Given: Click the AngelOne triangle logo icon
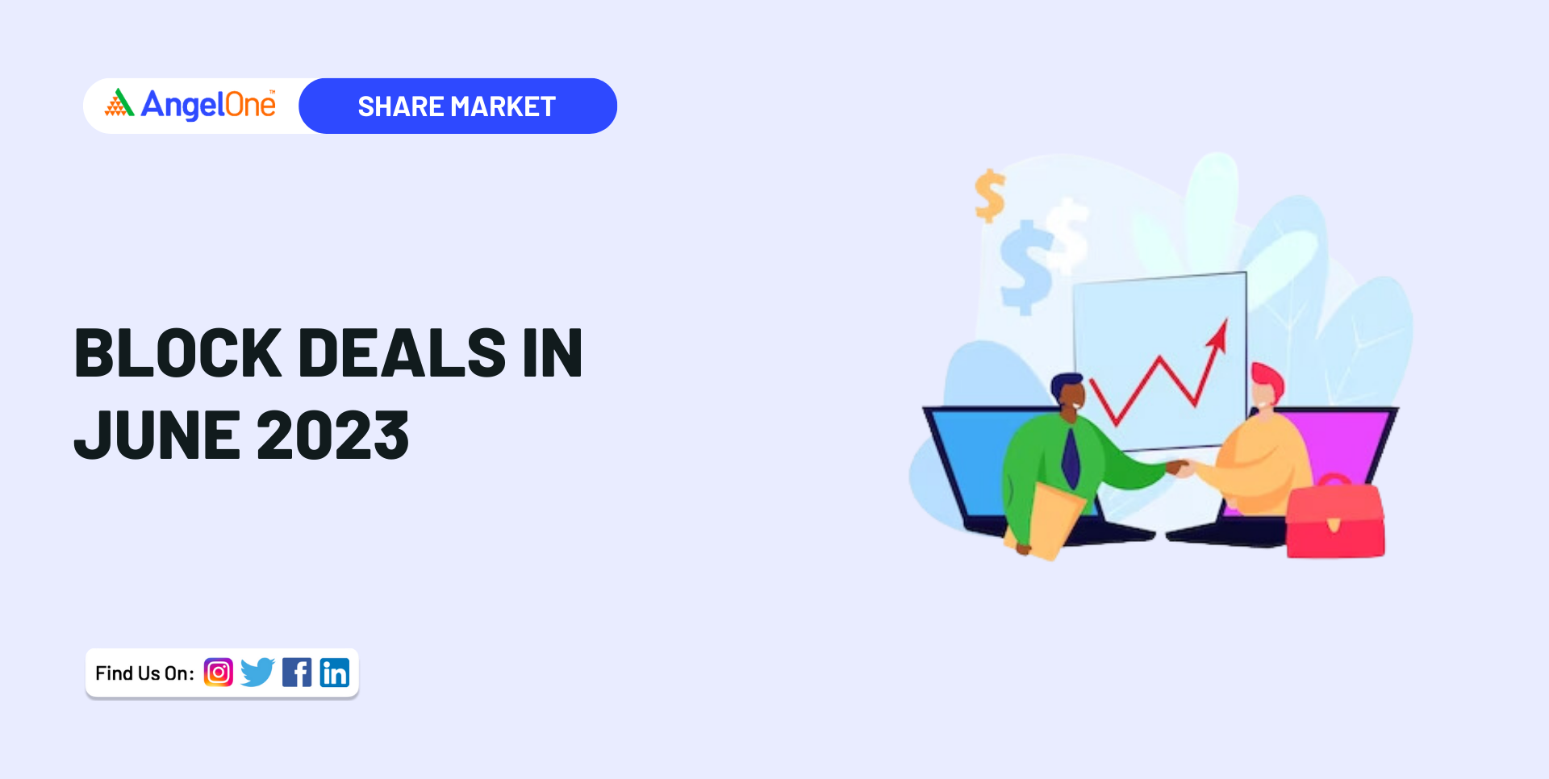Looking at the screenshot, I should [119, 103].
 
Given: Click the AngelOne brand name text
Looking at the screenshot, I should [208, 105].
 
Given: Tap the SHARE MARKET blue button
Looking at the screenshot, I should [457, 106].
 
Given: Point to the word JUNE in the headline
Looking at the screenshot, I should [158, 435].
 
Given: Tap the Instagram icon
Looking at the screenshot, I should [219, 673].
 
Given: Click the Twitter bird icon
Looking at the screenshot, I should [258, 673].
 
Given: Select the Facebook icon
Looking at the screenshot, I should [297, 673].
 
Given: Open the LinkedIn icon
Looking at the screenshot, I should [335, 673].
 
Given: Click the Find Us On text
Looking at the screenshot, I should [144, 673].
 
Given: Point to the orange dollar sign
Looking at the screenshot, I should [990, 195].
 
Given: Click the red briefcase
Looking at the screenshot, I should [1335, 520].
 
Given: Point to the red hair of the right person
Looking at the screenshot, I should [1267, 379].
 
